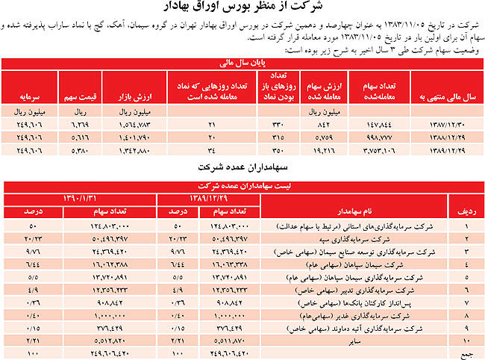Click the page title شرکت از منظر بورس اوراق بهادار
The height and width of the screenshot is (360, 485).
(243, 8)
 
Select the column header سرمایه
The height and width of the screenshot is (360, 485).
(29, 97)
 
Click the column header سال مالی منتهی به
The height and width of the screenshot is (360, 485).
(444, 97)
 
